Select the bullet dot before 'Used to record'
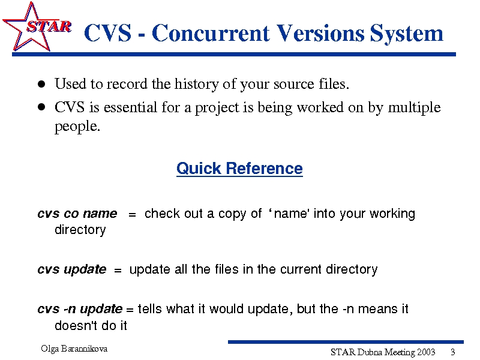(41, 84)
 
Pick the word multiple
(414, 108)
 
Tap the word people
(77, 127)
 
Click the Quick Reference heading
(239, 169)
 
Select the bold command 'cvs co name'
(77, 214)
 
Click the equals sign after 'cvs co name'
(132, 215)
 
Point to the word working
(392, 214)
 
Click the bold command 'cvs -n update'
(80, 309)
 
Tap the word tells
(149, 308)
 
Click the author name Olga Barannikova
(74, 349)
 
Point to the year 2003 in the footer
(426, 352)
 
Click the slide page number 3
(453, 352)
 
